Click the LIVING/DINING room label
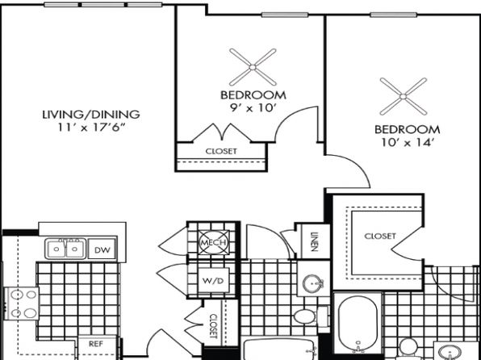pyautogui.click(x=91, y=115)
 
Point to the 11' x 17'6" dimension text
pyautogui.click(x=92, y=128)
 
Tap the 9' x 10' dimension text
pyautogui.click(x=253, y=108)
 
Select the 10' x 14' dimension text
pyautogui.click(x=407, y=142)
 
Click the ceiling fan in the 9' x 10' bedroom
pyautogui.click(x=253, y=67)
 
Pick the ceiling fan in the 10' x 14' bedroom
pyautogui.click(x=403, y=97)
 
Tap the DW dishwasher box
pyautogui.click(x=102, y=249)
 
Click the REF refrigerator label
pyautogui.click(x=96, y=344)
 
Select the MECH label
pyautogui.click(x=214, y=242)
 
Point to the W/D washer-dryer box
pyautogui.click(x=214, y=280)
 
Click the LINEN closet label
pyautogui.click(x=313, y=242)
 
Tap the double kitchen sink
pyautogui.click(x=65, y=249)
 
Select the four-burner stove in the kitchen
pyautogui.click(x=22, y=303)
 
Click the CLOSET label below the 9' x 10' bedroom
pyautogui.click(x=221, y=151)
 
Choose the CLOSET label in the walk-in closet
pyautogui.click(x=380, y=236)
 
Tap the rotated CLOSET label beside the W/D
pyautogui.click(x=214, y=325)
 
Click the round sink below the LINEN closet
pyautogui.click(x=313, y=283)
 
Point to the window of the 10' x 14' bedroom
pyautogui.click(x=394, y=15)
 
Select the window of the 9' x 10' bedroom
pyautogui.click(x=285, y=15)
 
